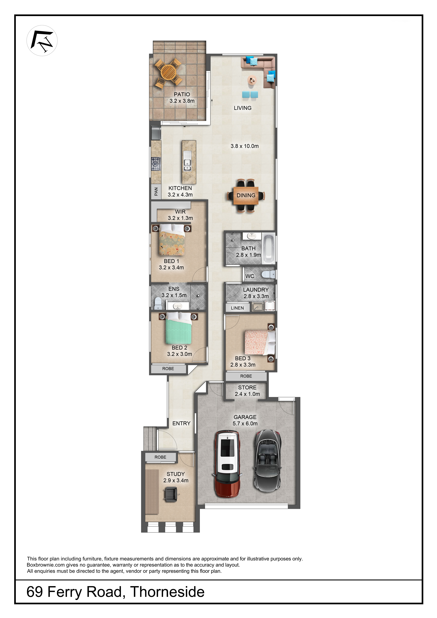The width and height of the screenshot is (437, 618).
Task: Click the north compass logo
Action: [x=42, y=41]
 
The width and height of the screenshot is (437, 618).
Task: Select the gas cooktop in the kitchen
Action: [x=155, y=164]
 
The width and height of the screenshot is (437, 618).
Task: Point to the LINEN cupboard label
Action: [x=237, y=308]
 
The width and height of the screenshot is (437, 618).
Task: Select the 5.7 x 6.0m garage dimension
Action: [x=245, y=423]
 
